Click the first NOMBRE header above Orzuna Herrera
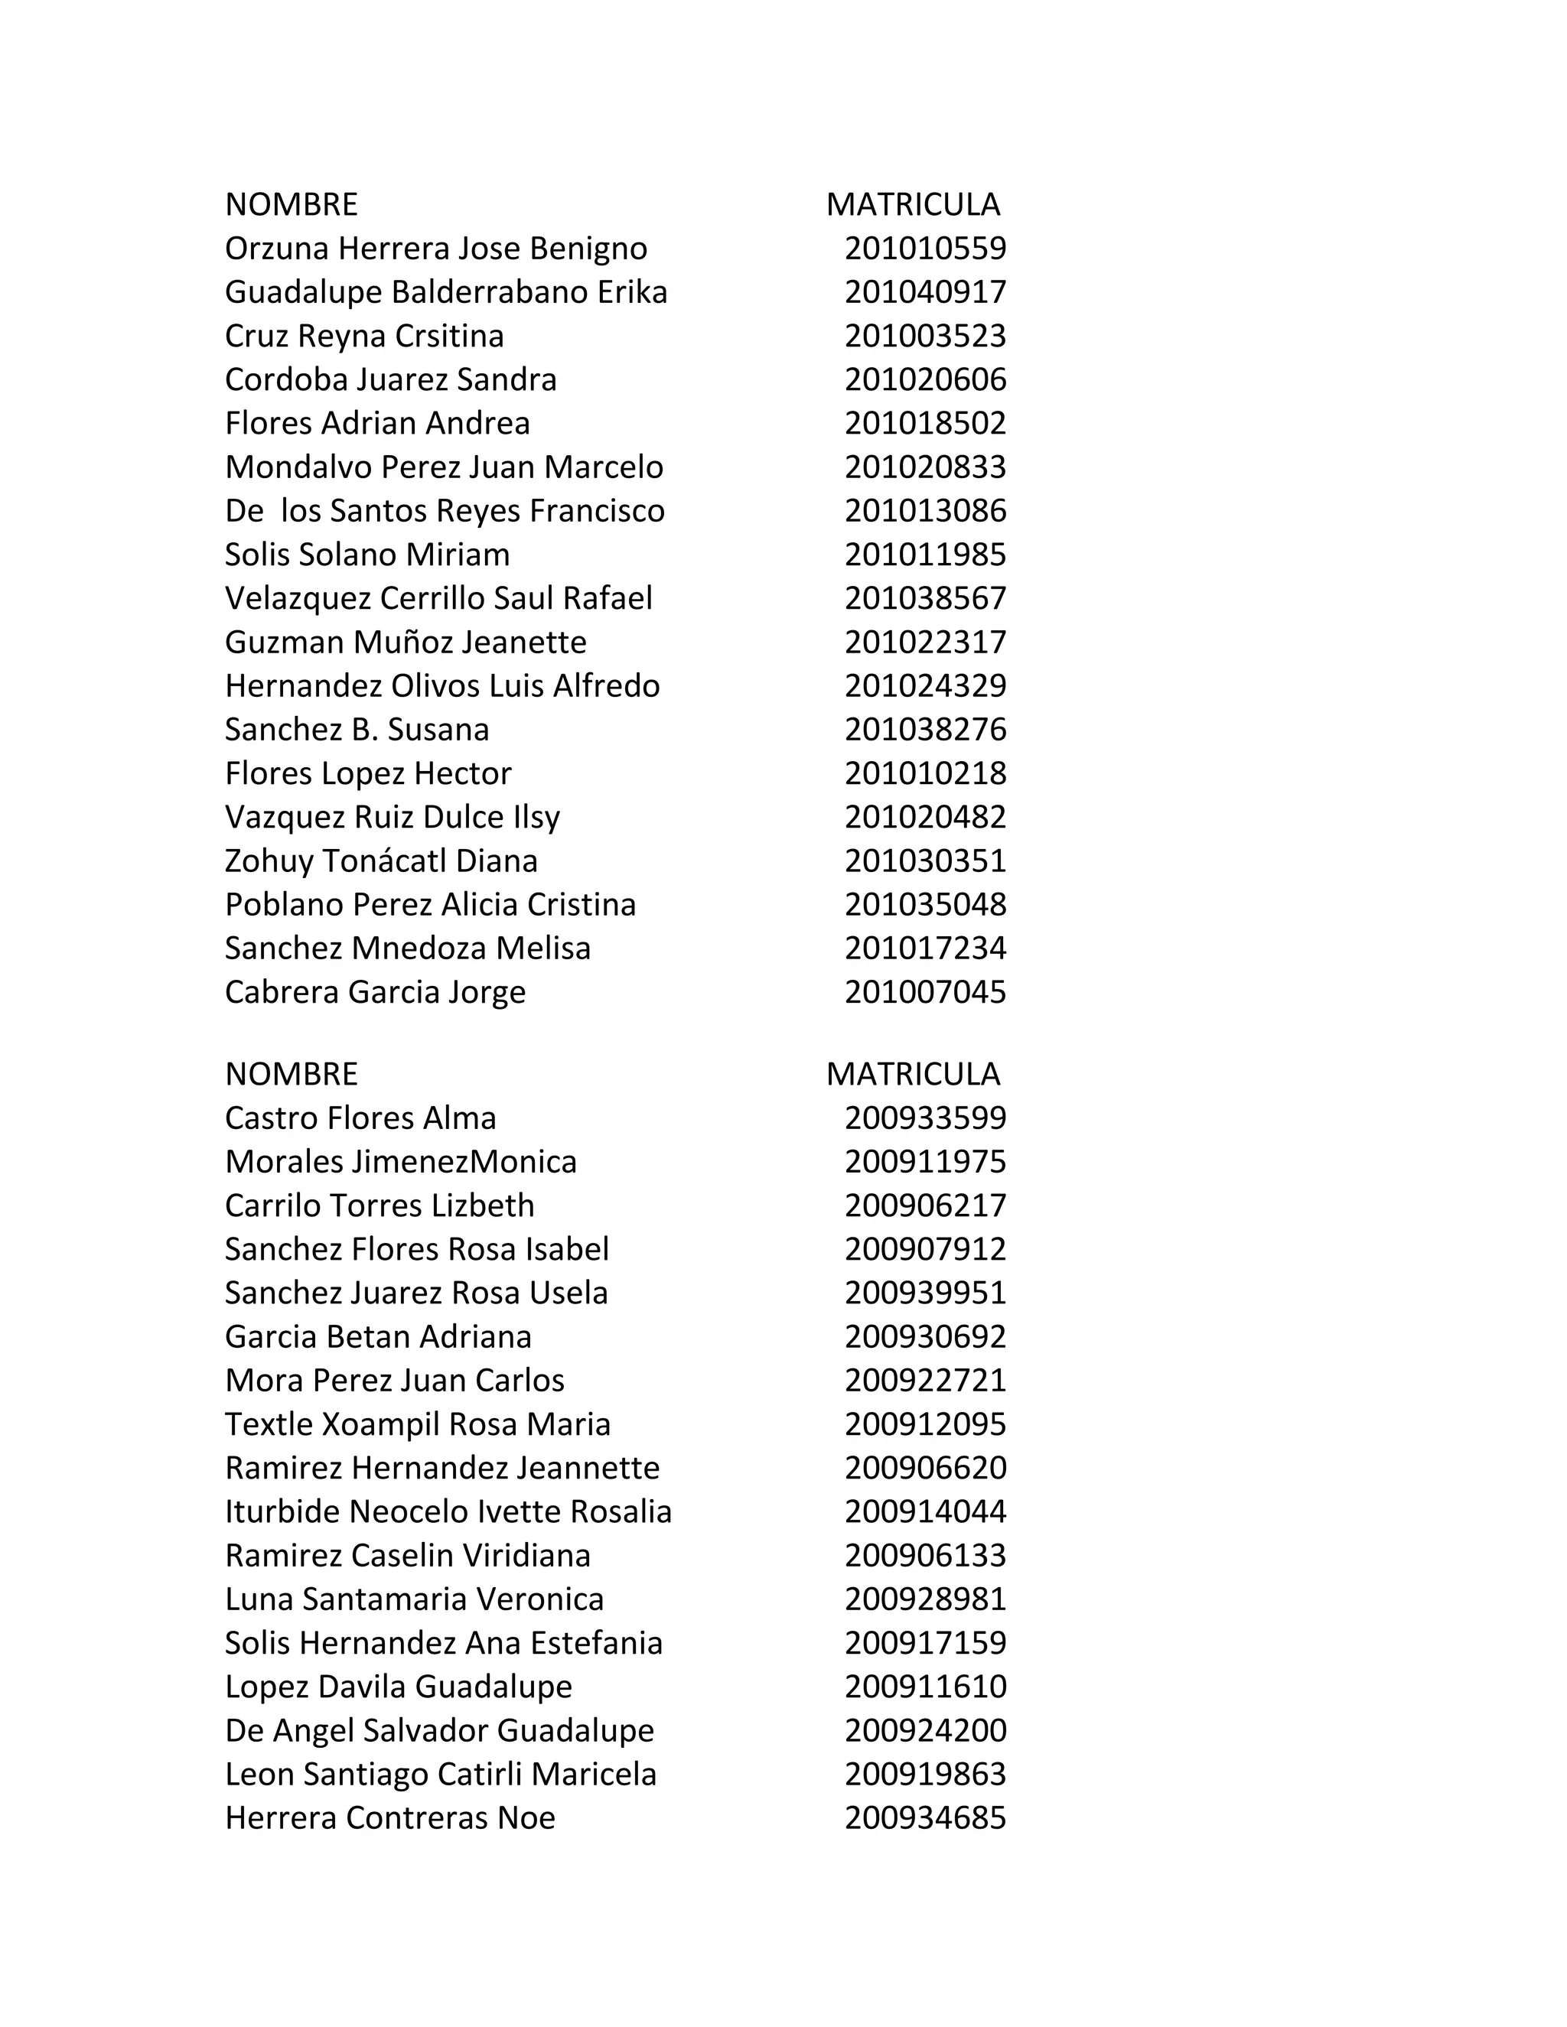pos(291,204)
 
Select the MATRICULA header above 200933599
pos(913,1074)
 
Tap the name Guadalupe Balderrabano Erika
pos(445,292)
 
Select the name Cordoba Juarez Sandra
pos(390,379)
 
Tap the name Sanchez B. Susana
pos(357,730)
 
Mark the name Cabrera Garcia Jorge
pos(375,992)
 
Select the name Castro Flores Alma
pos(360,1118)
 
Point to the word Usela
pos(568,1293)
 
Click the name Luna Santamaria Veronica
pos(414,1599)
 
